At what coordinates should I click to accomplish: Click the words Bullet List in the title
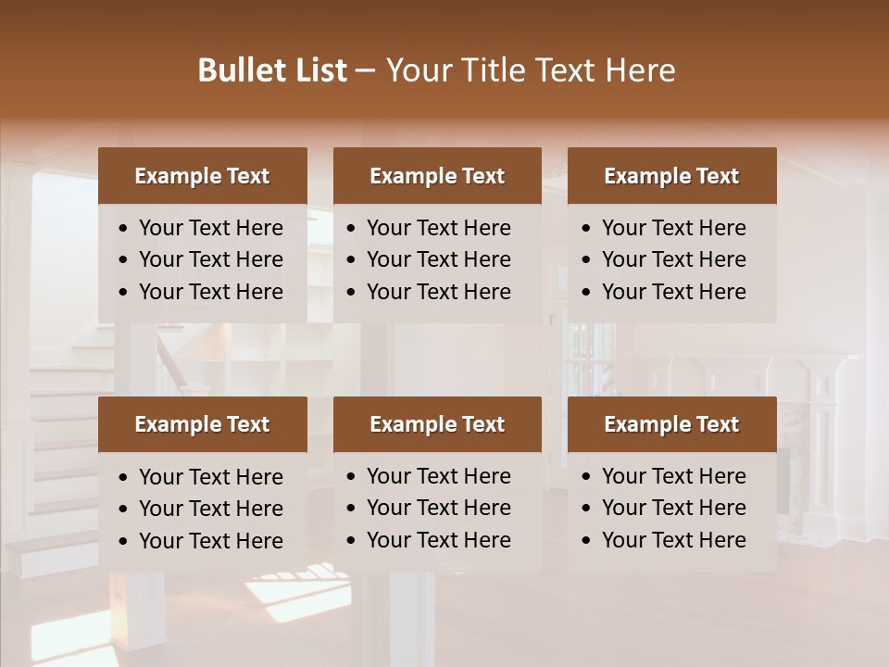pyautogui.click(x=272, y=70)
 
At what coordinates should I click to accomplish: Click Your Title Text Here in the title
pyautogui.click(x=530, y=70)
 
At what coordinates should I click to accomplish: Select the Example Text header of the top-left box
pyautogui.click(x=202, y=176)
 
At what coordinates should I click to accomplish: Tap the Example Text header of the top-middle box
pyautogui.click(x=437, y=176)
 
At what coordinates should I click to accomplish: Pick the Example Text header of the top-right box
pyautogui.click(x=671, y=176)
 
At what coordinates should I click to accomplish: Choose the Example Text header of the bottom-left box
pyautogui.click(x=202, y=424)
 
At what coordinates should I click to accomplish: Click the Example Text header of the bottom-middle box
pyautogui.click(x=437, y=424)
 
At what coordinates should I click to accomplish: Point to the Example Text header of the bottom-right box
pyautogui.click(x=671, y=424)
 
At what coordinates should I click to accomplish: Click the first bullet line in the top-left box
pyautogui.click(x=211, y=228)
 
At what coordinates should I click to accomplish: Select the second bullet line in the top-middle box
pyautogui.click(x=439, y=259)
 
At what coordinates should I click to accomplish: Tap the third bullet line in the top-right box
pyautogui.click(x=673, y=292)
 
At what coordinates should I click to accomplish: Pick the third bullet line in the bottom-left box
pyautogui.click(x=211, y=541)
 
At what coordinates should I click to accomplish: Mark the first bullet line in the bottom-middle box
pyautogui.click(x=439, y=476)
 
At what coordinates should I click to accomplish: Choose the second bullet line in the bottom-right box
pyautogui.click(x=673, y=508)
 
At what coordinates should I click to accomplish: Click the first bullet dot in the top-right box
pyautogui.click(x=587, y=229)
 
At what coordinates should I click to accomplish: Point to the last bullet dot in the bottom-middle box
pyautogui.click(x=352, y=541)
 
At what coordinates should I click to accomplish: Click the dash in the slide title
pyautogui.click(x=366, y=70)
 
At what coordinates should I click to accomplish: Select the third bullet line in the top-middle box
pyautogui.click(x=439, y=292)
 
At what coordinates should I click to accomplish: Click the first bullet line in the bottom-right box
pyautogui.click(x=673, y=476)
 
